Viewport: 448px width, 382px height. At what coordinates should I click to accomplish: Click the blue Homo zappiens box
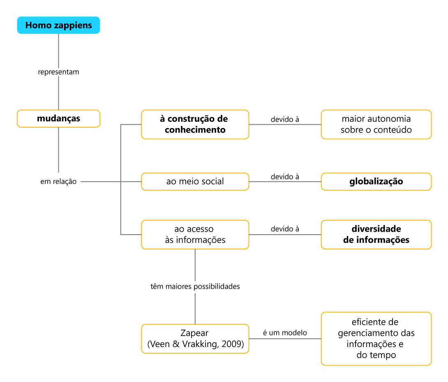tap(59, 25)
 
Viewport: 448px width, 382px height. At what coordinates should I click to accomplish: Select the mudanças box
tap(59, 119)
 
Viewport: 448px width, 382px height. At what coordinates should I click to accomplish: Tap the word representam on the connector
tap(59, 72)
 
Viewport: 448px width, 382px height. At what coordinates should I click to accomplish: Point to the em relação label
tap(59, 182)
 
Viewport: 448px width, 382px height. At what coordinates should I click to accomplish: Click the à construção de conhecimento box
tap(195, 124)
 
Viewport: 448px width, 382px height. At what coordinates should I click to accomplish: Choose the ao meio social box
tap(195, 182)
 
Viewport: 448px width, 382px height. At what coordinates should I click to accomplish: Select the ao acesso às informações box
tap(195, 235)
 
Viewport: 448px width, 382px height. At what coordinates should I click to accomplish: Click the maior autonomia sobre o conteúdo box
tap(376, 124)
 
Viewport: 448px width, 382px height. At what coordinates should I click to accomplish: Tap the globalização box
tap(376, 182)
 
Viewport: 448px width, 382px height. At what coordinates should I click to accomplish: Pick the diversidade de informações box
tap(376, 235)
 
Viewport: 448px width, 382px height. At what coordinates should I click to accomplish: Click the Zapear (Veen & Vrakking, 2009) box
tap(195, 339)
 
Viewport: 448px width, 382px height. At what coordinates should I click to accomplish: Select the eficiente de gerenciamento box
tap(376, 339)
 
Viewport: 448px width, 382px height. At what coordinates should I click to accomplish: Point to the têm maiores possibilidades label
tap(195, 286)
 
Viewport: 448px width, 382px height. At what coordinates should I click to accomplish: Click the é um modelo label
tap(285, 333)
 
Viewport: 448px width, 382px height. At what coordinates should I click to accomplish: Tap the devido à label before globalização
tap(285, 177)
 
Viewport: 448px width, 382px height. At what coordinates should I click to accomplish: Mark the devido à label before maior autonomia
tap(285, 119)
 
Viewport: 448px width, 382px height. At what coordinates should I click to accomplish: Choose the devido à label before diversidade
tap(285, 229)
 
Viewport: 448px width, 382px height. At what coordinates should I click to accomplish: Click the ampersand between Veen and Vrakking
tap(176, 344)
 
